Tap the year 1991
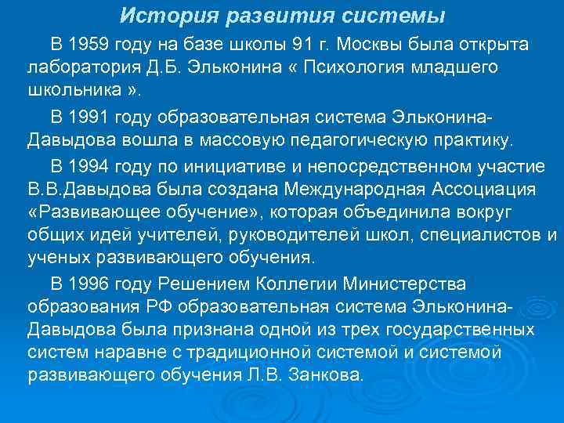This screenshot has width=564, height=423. tap(90, 117)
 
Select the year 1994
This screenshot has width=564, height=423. tap(90, 166)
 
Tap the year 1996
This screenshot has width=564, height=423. tap(90, 282)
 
